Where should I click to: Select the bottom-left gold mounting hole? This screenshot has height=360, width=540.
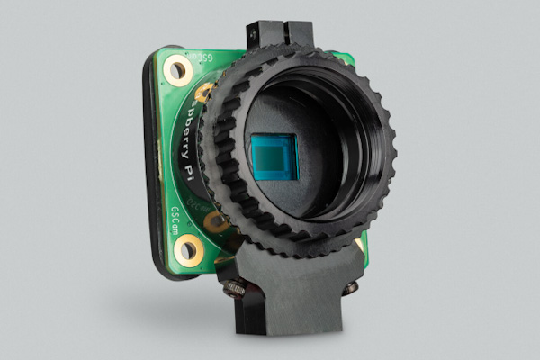coord(188,248)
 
